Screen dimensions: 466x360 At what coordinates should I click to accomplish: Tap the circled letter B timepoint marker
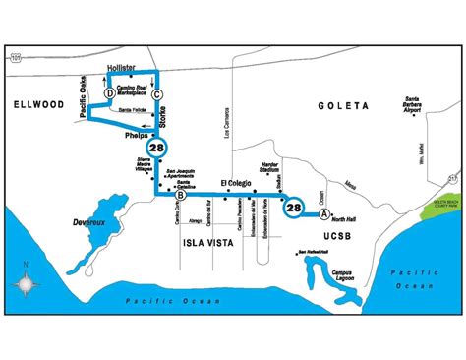point(178,195)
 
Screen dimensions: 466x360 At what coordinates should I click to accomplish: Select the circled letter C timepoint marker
point(157,93)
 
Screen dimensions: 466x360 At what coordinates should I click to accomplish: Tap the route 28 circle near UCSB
point(294,208)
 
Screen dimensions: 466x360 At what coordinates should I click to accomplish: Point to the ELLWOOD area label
point(34,102)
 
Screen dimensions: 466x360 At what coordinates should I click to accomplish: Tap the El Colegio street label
point(237,182)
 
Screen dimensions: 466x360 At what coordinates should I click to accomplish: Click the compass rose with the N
point(25,285)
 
